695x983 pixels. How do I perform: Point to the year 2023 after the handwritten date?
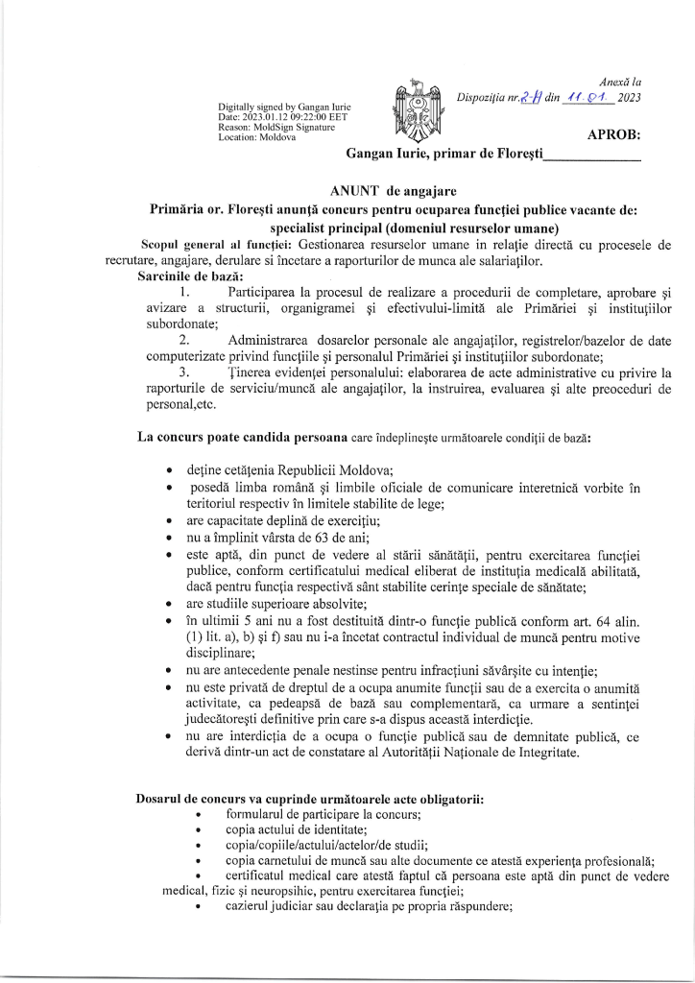pyautogui.click(x=629, y=98)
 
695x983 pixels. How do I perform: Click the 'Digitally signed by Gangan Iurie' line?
pyautogui.click(x=284, y=106)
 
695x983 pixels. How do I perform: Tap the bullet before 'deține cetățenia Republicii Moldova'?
pyautogui.click(x=170, y=470)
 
